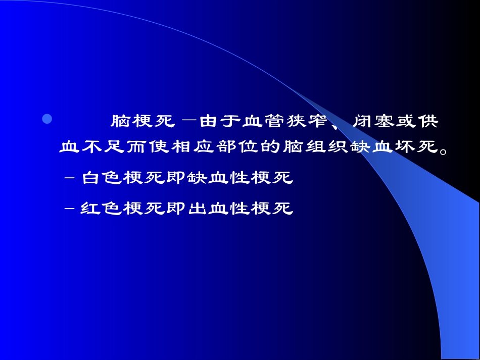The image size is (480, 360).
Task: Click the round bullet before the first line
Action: pos(47,119)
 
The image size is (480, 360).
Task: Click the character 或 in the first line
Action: pos(405,122)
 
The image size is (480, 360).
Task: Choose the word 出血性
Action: pos(219,208)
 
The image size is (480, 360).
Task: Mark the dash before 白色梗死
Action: pos(70,179)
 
